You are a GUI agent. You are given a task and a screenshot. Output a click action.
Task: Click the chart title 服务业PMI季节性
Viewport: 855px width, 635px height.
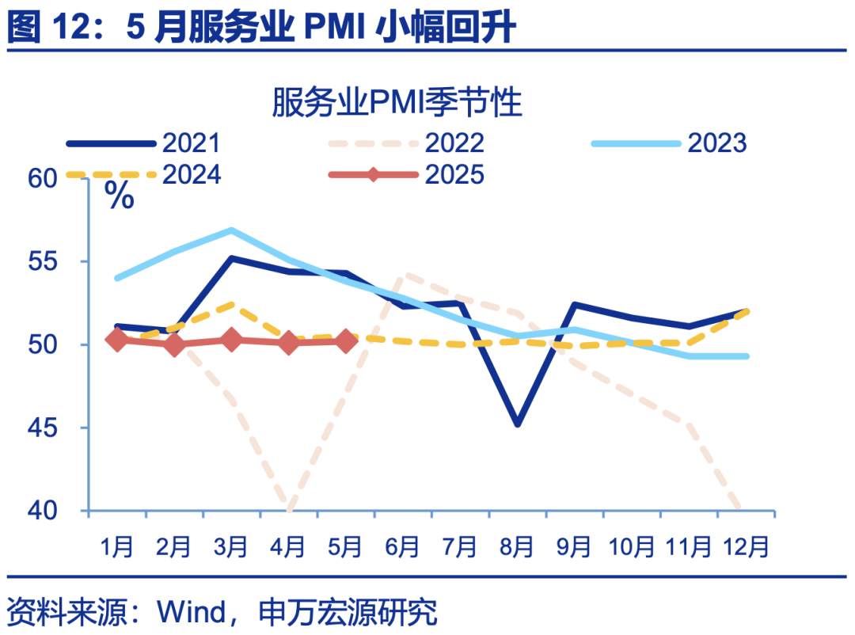tap(397, 104)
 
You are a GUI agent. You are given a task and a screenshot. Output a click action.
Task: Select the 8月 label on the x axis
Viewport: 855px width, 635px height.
tap(516, 546)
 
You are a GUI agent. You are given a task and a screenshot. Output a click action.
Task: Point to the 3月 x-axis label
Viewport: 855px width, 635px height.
tap(230, 546)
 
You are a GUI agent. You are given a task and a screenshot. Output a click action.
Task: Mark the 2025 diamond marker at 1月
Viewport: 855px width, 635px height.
tap(117, 340)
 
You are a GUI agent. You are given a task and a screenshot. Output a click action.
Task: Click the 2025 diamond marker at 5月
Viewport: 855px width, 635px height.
tap(345, 341)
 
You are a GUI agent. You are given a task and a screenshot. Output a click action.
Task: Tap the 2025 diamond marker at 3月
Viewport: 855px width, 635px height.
tap(231, 340)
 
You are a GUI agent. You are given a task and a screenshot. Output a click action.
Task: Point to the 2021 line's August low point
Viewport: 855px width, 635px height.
tap(517, 424)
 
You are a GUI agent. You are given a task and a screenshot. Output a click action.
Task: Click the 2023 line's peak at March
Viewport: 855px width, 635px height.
tap(231, 230)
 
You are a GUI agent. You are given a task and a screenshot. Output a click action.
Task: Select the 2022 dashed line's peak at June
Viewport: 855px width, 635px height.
tap(405, 276)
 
